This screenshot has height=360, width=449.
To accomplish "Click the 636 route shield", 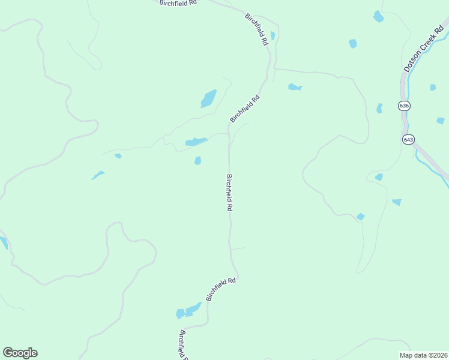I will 404,106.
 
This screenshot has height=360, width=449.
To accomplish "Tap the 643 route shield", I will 408,139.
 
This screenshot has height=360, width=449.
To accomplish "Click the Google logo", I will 20,353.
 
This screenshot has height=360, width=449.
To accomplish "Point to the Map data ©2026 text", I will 423,355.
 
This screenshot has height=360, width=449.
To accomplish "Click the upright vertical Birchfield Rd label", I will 229,192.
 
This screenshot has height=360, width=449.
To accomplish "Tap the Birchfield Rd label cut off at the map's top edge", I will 178,3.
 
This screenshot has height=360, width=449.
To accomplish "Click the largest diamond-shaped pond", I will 208,98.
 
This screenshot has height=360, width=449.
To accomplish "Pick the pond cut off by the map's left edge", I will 3,242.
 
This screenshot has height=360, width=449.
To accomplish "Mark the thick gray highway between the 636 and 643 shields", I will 405,122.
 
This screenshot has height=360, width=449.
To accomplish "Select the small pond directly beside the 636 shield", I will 379,109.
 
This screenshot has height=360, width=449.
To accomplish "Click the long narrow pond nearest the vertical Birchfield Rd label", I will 196,142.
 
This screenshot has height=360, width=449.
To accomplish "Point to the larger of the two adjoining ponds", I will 193,309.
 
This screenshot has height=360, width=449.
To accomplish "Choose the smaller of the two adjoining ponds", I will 180,313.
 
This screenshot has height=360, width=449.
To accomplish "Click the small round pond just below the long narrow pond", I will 197,160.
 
